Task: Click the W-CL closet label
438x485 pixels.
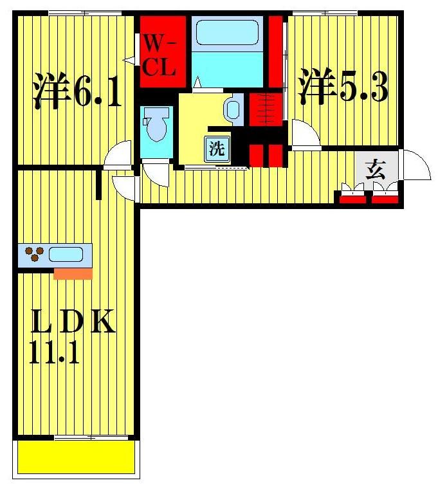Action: pos(159,57)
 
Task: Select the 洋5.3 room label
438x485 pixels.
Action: pos(343,88)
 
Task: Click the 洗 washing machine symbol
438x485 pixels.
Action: pos(216,149)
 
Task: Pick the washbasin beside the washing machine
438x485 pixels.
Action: pos(233,109)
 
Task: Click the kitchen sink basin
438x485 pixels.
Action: pos(66,254)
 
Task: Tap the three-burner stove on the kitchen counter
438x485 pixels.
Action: pos(34,255)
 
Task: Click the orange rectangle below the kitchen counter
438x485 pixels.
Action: pos(73,274)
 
